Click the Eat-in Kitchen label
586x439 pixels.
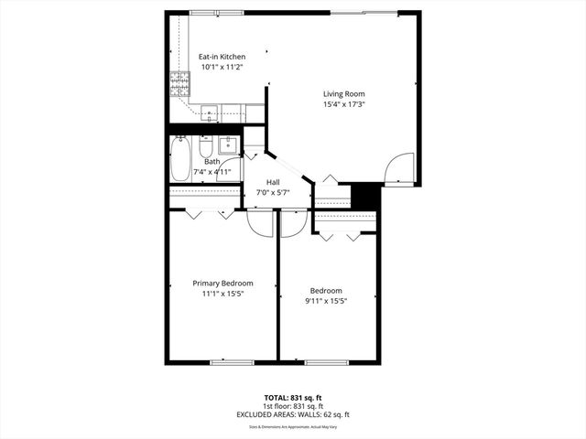[197, 57]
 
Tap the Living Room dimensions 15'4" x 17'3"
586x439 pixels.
[343, 105]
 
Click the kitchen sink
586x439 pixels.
[210, 114]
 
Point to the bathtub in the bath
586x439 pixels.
[180, 159]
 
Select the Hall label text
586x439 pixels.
[273, 183]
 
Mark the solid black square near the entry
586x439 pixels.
[364, 196]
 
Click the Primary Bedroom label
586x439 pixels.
[222, 284]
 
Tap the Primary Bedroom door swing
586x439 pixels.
[261, 224]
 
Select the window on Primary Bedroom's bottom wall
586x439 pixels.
[231, 363]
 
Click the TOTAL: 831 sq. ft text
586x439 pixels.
[293, 398]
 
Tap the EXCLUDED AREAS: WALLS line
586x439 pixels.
[293, 414]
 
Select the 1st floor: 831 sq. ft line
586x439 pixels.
[293, 406]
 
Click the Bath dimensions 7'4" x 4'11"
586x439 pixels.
[212, 171]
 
